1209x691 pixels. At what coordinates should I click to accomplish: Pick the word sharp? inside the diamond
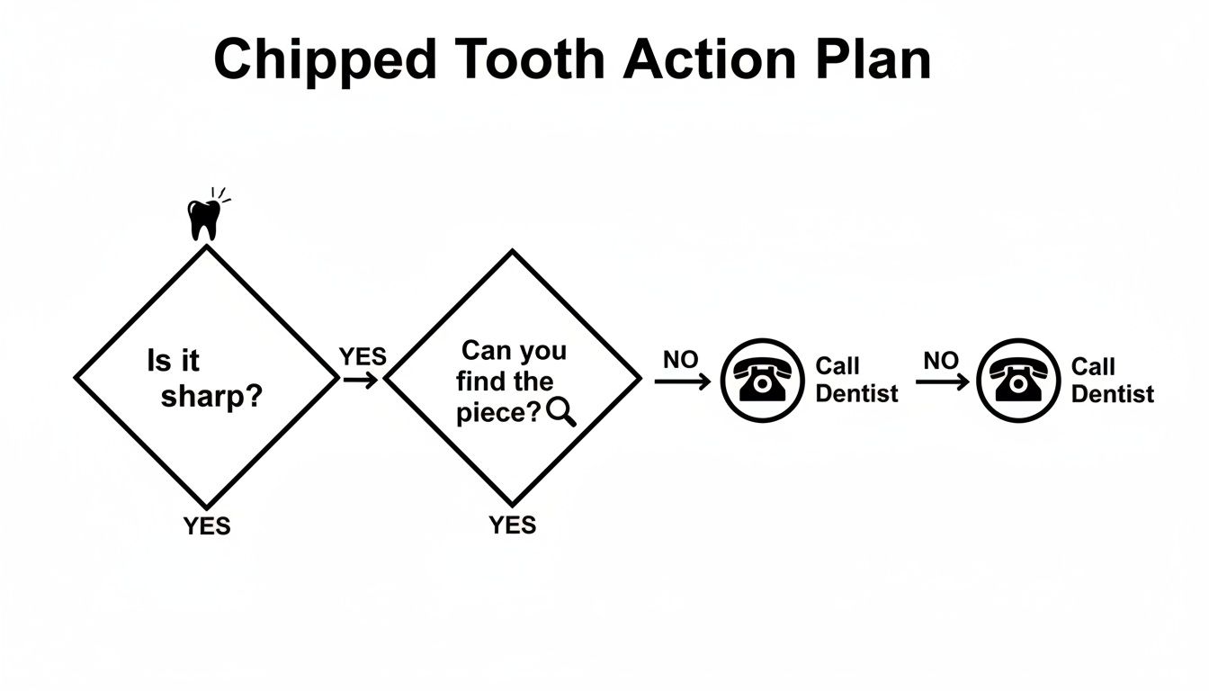click(x=211, y=397)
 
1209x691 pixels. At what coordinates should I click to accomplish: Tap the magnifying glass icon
click(x=560, y=411)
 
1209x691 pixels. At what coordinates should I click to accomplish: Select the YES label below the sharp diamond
click(x=207, y=526)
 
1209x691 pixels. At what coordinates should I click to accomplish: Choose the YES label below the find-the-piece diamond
click(x=513, y=525)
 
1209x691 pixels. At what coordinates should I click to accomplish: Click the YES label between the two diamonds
click(x=363, y=356)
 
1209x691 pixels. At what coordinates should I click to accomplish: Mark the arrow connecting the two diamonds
click(x=361, y=380)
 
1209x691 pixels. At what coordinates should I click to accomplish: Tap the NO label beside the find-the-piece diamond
click(x=680, y=359)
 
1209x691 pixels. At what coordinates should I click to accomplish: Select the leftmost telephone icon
click(x=762, y=380)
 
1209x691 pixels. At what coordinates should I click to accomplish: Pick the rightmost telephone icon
click(x=1018, y=380)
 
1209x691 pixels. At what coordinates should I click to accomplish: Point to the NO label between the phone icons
click(x=941, y=360)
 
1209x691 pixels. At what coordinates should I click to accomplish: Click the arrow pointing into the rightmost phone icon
click(x=942, y=381)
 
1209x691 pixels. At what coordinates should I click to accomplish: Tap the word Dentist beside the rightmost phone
click(x=1113, y=394)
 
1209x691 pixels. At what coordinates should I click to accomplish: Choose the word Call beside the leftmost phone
click(x=837, y=366)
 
